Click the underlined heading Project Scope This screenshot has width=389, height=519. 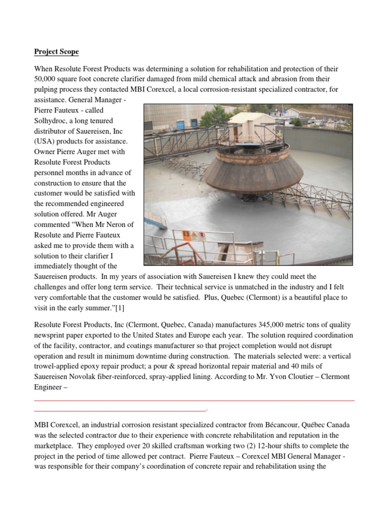pos(56,52)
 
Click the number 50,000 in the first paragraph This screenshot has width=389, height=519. pos(47,79)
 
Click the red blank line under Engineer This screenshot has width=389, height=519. pos(192,400)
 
